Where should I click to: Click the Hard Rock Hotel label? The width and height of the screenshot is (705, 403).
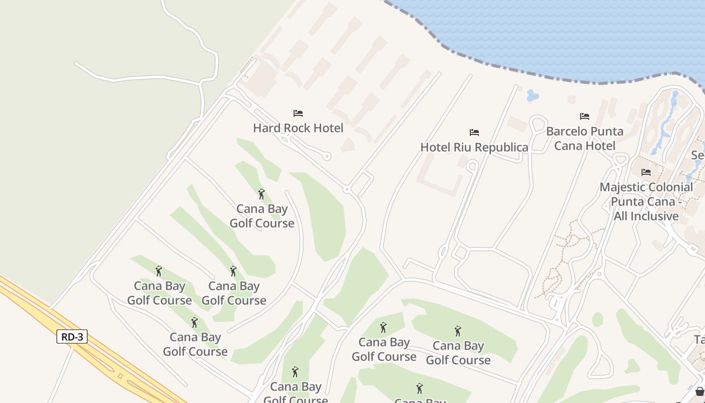298,128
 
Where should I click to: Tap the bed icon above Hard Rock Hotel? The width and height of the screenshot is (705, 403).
298,113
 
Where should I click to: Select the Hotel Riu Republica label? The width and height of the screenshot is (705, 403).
474,147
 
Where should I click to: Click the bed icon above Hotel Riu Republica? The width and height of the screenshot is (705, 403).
474,132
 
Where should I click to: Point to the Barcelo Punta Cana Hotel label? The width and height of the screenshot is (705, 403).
585,139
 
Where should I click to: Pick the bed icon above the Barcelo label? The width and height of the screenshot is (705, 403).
585,116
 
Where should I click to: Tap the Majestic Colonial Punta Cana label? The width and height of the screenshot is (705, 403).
646,201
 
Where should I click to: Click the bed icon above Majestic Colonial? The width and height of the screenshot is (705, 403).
646,172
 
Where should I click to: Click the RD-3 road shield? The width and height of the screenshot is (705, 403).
72,337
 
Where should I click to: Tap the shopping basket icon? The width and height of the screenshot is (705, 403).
699,391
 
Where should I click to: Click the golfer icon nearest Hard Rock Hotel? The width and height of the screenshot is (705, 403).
261,194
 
